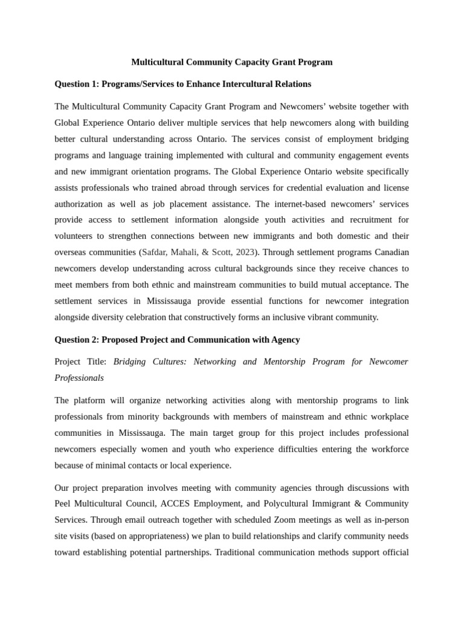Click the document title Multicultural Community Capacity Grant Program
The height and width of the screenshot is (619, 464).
coord(232,62)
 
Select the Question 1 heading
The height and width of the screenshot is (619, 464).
coord(182,84)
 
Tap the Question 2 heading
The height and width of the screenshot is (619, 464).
coord(177,340)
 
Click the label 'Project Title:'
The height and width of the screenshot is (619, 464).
coord(80,362)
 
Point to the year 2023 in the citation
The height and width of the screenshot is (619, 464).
coord(243,252)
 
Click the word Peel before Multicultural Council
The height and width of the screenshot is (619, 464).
coord(65,504)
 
